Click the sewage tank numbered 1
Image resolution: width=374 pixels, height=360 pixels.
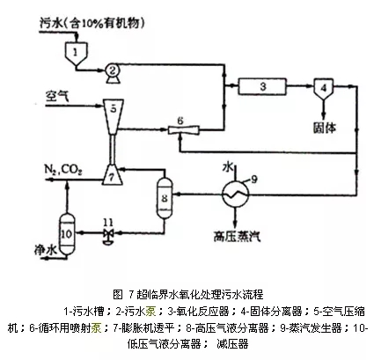pos(77,52)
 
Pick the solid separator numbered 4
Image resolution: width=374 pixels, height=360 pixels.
pos(322,87)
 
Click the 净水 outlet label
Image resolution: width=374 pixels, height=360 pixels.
pos(35,261)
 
